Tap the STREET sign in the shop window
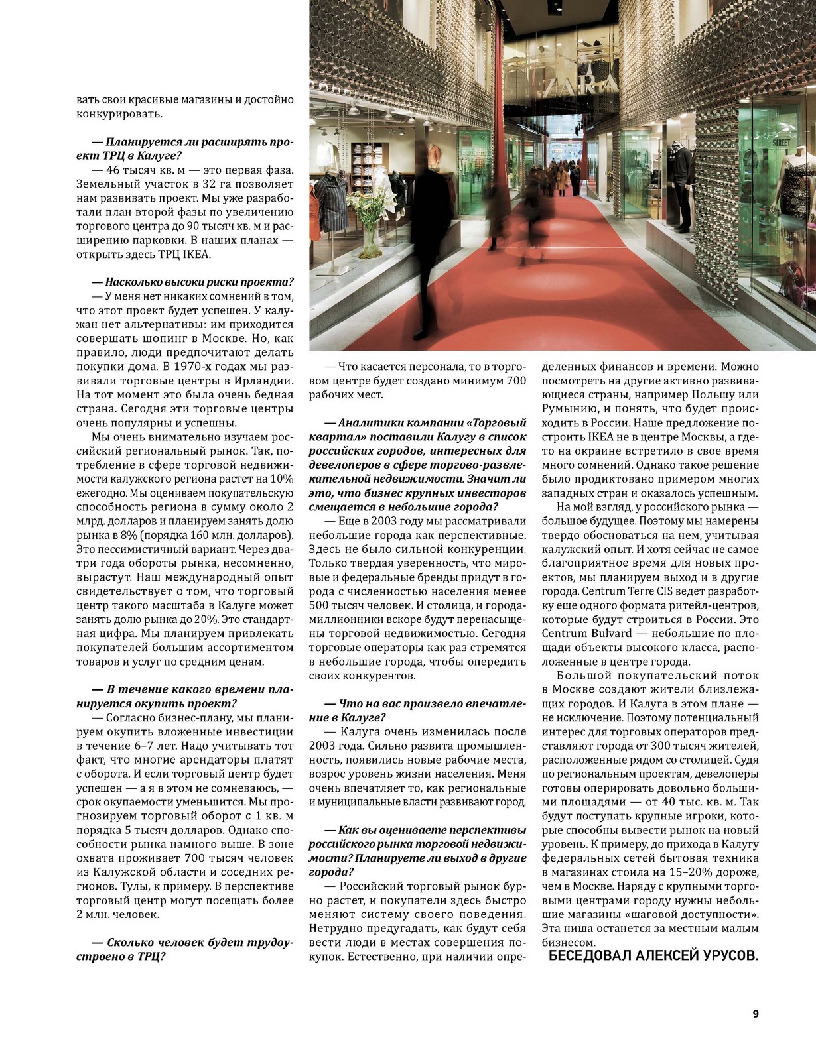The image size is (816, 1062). point(782,141)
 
